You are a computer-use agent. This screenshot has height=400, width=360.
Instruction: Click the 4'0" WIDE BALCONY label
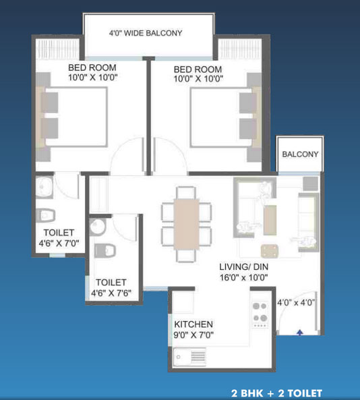point(146,33)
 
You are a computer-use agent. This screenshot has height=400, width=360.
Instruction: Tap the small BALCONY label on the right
point(300,154)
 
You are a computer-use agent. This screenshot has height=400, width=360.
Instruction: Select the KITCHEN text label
point(193,324)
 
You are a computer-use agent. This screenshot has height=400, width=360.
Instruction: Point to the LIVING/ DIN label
point(244,267)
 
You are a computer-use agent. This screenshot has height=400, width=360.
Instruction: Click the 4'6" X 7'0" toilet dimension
point(59,243)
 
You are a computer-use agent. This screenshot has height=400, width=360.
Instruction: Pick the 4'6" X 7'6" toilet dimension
point(111,293)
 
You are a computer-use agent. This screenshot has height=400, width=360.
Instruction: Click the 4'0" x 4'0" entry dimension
point(296,303)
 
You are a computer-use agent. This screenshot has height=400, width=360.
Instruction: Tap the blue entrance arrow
point(300,333)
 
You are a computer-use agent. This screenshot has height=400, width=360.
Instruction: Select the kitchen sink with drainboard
point(189,357)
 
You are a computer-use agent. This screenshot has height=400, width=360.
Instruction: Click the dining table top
point(186,225)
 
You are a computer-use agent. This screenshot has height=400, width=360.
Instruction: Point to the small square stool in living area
point(270,251)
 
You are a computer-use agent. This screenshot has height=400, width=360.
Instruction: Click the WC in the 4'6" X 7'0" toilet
point(46,216)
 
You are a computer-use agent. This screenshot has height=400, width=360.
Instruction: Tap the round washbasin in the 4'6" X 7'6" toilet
point(97,227)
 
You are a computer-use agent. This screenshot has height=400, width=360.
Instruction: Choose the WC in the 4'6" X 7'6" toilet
point(104,250)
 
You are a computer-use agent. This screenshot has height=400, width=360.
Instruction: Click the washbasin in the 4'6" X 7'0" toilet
point(44,188)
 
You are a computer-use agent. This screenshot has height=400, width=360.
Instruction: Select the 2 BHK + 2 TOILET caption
point(276,393)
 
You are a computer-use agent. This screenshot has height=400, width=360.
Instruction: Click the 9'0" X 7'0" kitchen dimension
point(193,335)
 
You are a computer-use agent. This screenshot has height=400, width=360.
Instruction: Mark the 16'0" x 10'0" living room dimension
point(244,277)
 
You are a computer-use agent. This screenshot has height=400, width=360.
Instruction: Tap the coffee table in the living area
point(270,220)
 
